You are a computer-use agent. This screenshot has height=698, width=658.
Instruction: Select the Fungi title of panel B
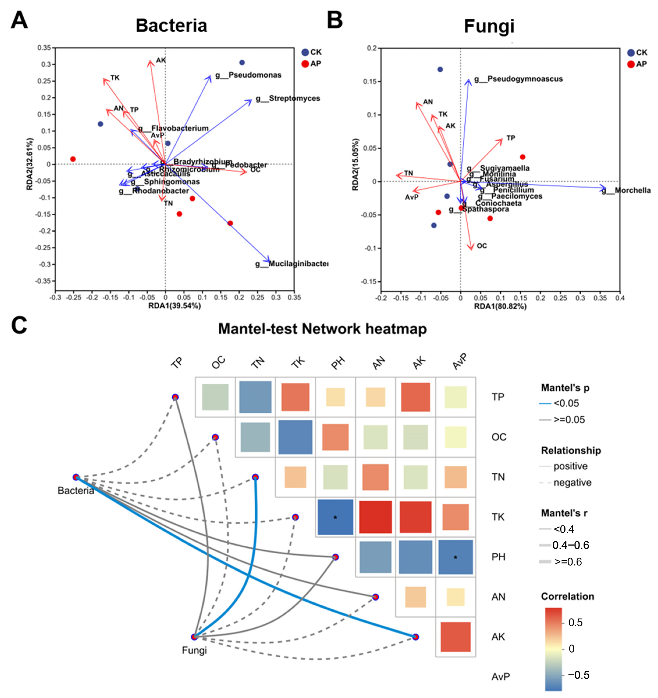489,26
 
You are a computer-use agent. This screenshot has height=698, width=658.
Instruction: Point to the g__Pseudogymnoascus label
519,79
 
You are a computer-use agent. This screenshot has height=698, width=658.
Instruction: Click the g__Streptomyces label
288,99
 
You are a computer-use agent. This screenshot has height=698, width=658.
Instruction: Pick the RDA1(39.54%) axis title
174,306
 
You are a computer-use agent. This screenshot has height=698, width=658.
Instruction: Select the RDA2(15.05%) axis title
356,165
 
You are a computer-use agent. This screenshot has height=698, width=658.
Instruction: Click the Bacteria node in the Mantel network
76,477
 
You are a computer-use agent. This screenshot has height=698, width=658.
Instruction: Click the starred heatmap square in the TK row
335,517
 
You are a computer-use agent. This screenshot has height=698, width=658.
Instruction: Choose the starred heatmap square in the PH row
455,557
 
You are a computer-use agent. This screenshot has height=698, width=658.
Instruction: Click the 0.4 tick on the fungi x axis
620,298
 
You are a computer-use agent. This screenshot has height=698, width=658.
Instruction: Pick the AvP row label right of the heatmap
500,676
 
